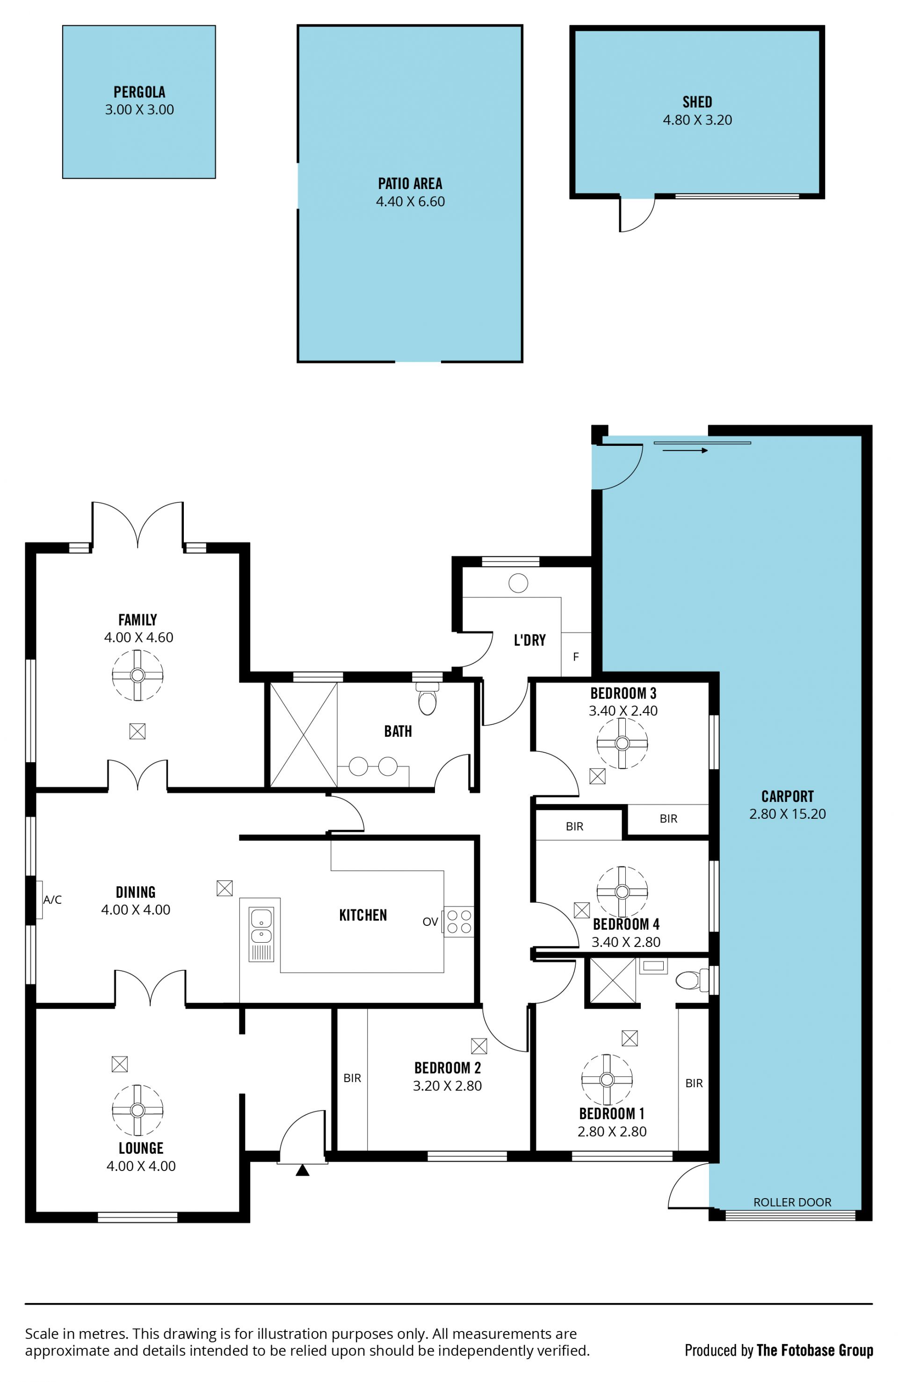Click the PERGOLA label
click(139, 92)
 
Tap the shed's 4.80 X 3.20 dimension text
click(697, 120)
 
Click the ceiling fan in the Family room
click(138, 675)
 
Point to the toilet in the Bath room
click(428, 698)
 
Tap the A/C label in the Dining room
click(52, 900)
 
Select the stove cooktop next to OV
click(458, 922)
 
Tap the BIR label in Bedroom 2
click(352, 1078)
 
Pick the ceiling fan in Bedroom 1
click(607, 1079)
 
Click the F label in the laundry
click(576, 657)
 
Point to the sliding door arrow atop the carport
click(685, 450)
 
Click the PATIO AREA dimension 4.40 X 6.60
click(410, 202)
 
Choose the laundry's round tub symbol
click(518, 583)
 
